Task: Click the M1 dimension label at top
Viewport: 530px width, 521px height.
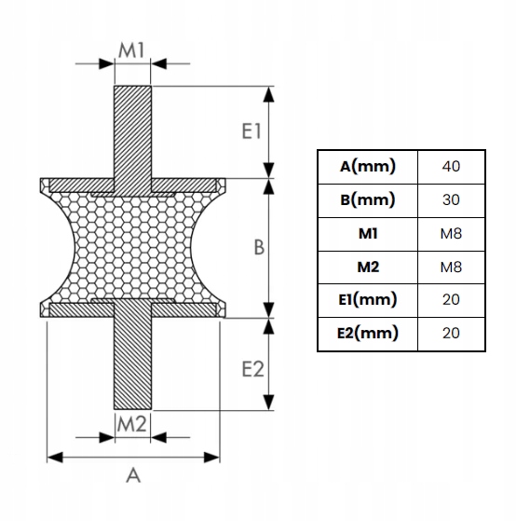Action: pyautogui.click(x=132, y=51)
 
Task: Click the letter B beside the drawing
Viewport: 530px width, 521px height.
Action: pyautogui.click(x=259, y=248)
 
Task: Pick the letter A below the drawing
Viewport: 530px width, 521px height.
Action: pyautogui.click(x=132, y=475)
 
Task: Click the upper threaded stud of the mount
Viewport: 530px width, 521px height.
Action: pyautogui.click(x=133, y=130)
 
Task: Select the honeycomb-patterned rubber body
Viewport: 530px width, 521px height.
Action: pyautogui.click(x=133, y=247)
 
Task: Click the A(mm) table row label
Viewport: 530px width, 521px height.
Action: pyautogui.click(x=368, y=167)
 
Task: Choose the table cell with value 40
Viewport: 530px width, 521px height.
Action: pyautogui.click(x=451, y=167)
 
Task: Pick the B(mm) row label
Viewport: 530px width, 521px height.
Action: pyautogui.click(x=368, y=199)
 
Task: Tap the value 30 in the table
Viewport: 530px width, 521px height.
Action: pyautogui.click(x=451, y=199)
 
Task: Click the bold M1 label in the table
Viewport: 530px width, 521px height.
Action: pyautogui.click(x=368, y=233)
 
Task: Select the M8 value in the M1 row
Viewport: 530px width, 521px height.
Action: pyautogui.click(x=451, y=233)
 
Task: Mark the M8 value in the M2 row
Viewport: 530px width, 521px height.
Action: pyautogui.click(x=451, y=267)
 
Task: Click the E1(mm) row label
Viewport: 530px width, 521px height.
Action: pyautogui.click(x=368, y=299)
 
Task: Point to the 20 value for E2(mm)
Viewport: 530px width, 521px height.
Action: pyautogui.click(x=451, y=333)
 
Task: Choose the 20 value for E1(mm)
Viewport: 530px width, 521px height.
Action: pyautogui.click(x=451, y=299)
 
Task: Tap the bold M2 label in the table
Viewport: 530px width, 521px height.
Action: pyautogui.click(x=368, y=267)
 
